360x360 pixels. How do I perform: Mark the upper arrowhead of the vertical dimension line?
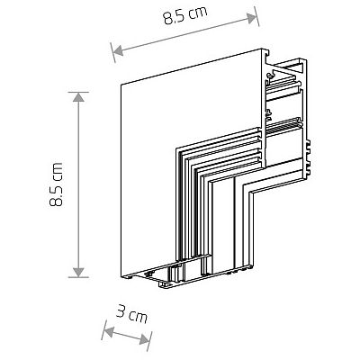point(80,95)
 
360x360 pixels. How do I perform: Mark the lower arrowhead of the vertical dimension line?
point(80,272)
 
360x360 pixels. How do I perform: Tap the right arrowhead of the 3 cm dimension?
point(148,340)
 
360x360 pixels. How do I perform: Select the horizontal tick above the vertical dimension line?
point(80,91)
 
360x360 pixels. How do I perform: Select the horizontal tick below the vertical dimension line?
point(80,276)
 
